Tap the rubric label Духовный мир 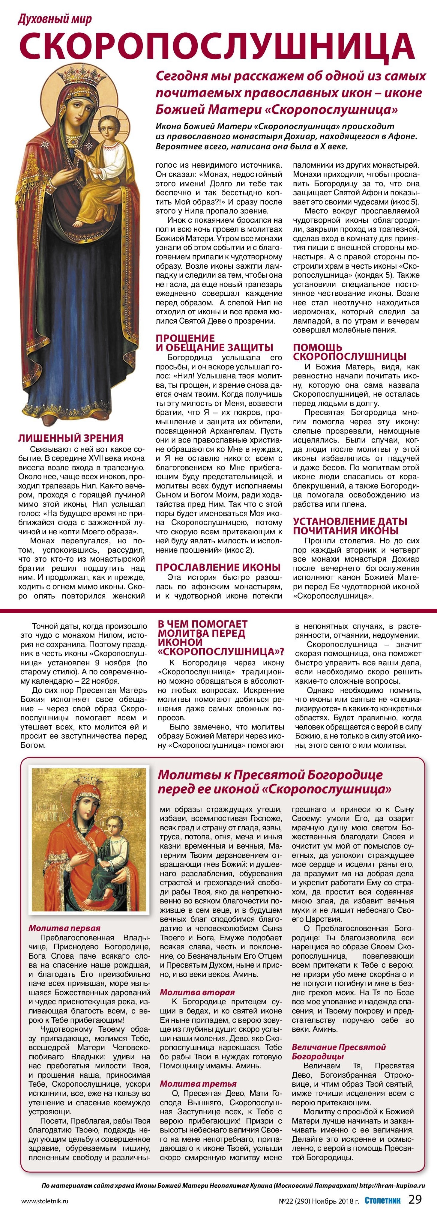(x=55, y=19)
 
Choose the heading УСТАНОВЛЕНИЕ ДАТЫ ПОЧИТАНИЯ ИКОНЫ (x=350, y=526)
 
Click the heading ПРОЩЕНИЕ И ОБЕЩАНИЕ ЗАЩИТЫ (x=214, y=343)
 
